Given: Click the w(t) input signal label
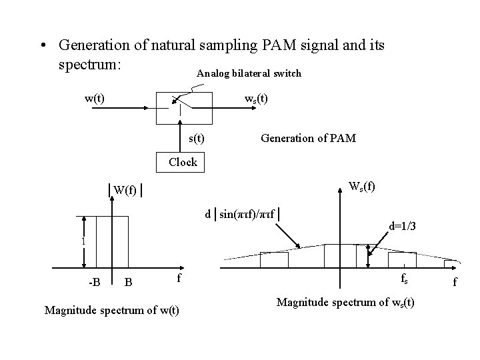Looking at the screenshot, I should coord(94,99).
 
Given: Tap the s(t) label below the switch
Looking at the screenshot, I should coord(196,138).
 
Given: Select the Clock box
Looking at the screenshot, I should coord(183,162).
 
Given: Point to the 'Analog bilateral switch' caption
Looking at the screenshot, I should coord(249,73).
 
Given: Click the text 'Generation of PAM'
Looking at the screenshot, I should coord(308,138).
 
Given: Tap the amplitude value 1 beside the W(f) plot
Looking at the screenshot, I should coord(83,241).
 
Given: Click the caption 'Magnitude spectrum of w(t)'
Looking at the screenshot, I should coord(111,310).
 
